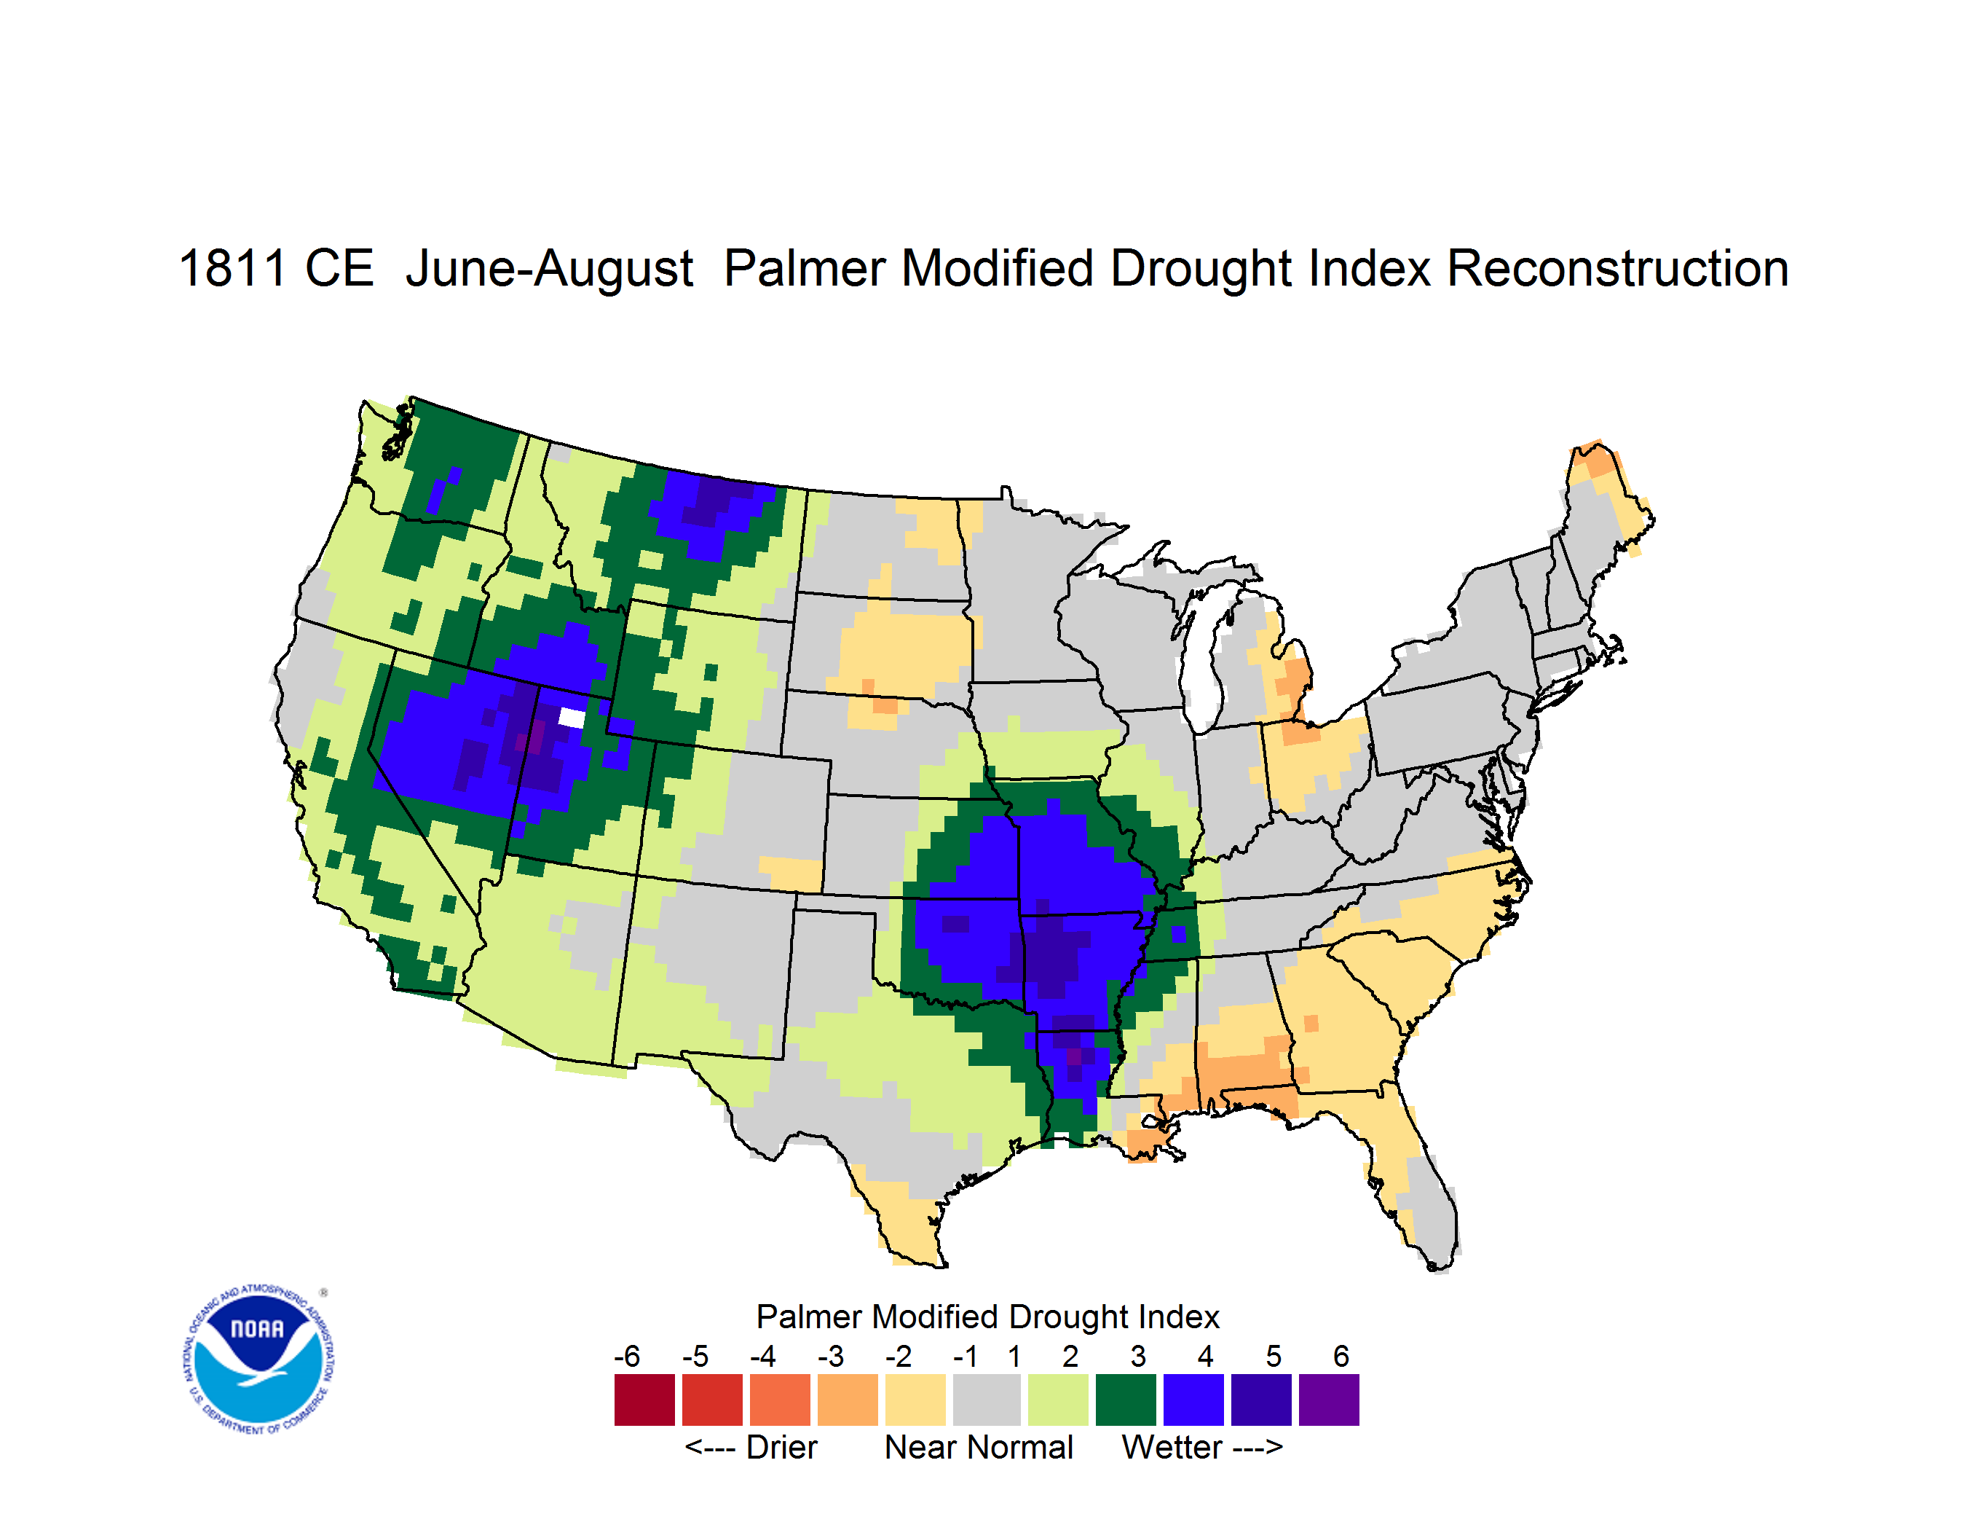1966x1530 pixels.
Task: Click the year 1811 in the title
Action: tap(232, 268)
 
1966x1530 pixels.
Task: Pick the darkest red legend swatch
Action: tap(644, 1400)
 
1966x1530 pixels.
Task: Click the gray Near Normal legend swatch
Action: tap(987, 1400)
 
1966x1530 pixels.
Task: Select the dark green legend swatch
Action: tap(1125, 1400)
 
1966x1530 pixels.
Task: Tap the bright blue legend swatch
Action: tap(1193, 1400)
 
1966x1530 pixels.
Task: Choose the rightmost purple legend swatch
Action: tap(1329, 1400)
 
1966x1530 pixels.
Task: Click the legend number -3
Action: tap(830, 1356)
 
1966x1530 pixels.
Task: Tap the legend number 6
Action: tap(1341, 1356)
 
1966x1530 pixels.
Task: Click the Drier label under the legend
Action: tap(751, 1447)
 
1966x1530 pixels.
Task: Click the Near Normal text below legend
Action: tap(979, 1447)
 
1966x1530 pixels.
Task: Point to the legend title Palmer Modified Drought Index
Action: tap(987, 1317)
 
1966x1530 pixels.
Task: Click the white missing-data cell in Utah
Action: tap(572, 718)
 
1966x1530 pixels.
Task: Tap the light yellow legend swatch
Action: tap(915, 1400)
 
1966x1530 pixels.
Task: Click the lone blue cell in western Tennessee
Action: tap(1178, 934)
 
